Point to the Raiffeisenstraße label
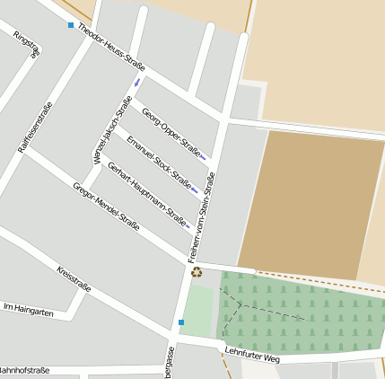[x=36, y=127]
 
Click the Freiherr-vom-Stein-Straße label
[x=204, y=218]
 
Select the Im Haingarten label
[x=29, y=311]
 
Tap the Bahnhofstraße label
[x=23, y=370]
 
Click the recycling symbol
[x=197, y=271]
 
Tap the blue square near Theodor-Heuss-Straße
[x=71, y=25]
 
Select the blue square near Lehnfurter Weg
[x=181, y=322]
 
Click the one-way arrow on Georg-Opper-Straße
[x=203, y=156]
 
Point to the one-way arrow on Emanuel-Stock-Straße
[x=195, y=189]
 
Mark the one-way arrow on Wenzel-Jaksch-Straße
[x=137, y=83]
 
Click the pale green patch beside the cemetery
[x=198, y=311]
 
